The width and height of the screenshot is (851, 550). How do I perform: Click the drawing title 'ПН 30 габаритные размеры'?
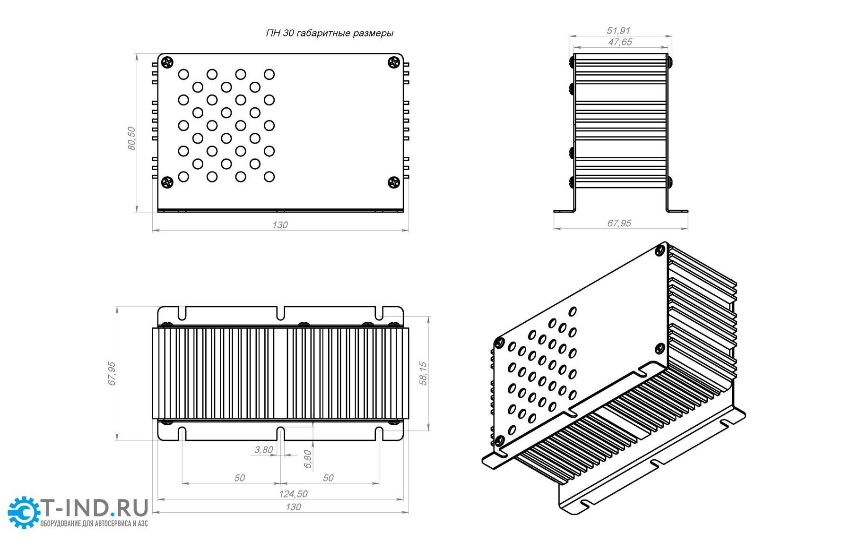(x=330, y=33)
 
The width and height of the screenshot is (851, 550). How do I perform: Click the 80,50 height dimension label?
(x=131, y=138)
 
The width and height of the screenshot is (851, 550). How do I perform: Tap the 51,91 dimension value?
(x=618, y=31)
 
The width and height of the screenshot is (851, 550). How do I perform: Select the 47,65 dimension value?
(x=620, y=42)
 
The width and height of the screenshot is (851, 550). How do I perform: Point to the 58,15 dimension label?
(x=423, y=373)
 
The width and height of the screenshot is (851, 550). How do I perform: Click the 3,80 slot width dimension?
(x=264, y=449)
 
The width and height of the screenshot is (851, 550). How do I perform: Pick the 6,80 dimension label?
(x=308, y=459)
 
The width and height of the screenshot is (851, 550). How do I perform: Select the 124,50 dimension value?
(x=293, y=494)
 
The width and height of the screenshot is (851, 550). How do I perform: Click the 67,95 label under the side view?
(x=619, y=223)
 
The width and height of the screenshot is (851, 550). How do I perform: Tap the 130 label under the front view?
(x=280, y=225)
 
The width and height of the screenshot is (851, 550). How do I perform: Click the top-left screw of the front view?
(x=167, y=62)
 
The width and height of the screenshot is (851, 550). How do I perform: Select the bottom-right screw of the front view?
(x=394, y=182)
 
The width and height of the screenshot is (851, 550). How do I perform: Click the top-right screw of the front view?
(x=394, y=62)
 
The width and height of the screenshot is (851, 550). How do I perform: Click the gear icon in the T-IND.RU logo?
(x=24, y=512)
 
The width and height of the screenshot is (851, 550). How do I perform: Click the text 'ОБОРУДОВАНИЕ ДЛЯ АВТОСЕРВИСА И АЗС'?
(x=94, y=524)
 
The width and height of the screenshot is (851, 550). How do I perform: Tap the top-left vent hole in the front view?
(x=183, y=74)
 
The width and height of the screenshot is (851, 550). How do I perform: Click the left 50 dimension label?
(x=240, y=478)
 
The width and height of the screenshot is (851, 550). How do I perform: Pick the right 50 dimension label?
(x=328, y=478)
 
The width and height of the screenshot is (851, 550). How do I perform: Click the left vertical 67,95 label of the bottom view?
(x=112, y=373)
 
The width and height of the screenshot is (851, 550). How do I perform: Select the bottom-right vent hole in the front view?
(x=269, y=177)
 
